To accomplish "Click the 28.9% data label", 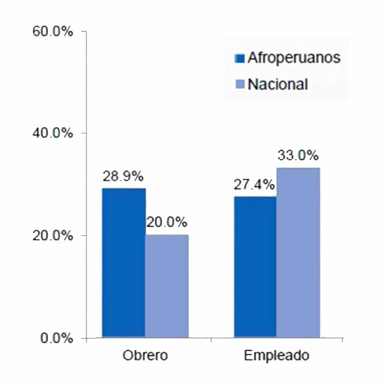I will pos(123,176).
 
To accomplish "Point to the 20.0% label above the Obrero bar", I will pos(166,222).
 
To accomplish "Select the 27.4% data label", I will pos(254,185).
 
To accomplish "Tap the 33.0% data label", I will pos(298,155).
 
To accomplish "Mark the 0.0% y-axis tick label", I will pos(56,338).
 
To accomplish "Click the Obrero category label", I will pos(145,356).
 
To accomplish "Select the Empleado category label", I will pos(276,356).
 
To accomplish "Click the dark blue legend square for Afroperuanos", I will pos(240,59).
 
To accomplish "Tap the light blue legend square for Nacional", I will pos(240,85).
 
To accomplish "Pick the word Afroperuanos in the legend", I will pos(294,58).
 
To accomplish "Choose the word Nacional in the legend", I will pos(278,84).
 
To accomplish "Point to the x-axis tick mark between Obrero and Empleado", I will pos(211,340).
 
